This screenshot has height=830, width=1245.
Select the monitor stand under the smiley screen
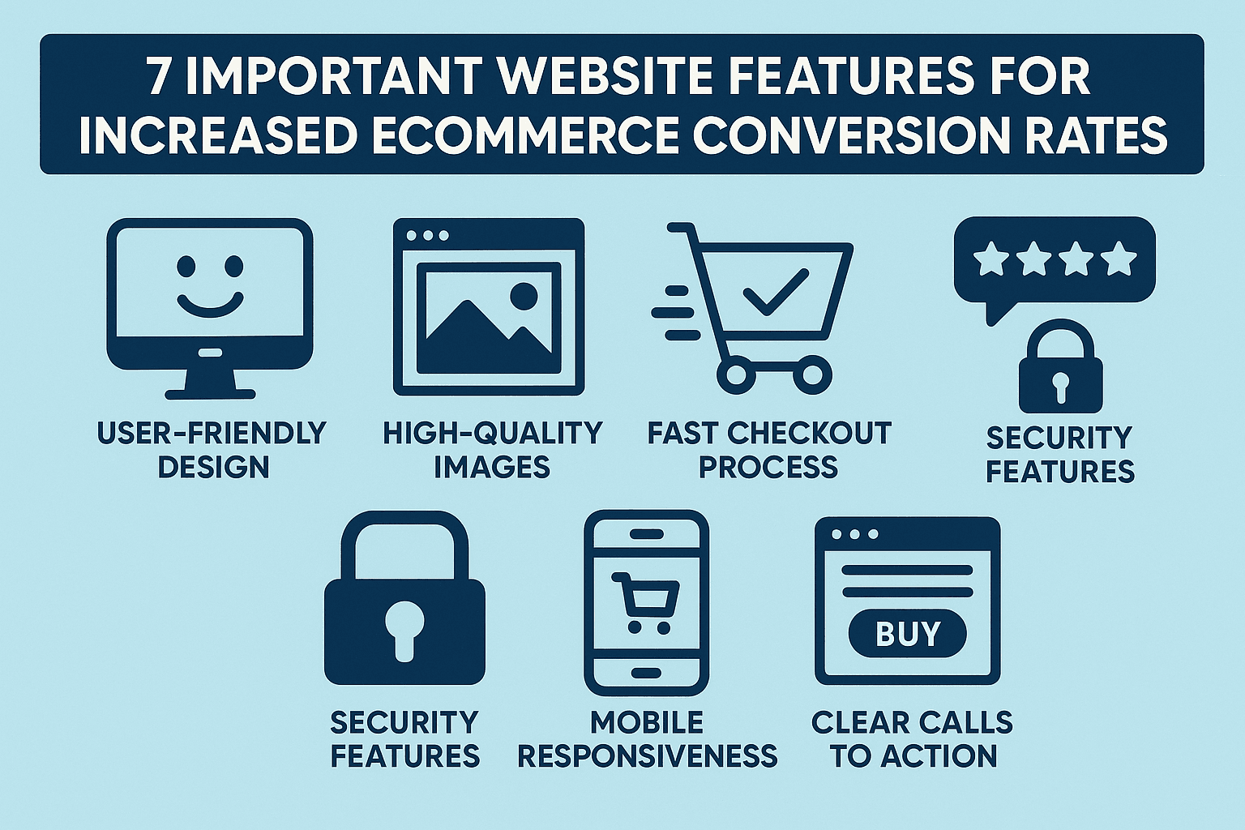point(210,381)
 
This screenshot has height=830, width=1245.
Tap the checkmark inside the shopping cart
point(775,292)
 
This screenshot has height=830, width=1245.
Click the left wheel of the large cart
point(736,374)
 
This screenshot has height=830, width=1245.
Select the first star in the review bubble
point(990,259)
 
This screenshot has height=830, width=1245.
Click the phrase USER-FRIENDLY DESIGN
point(212,450)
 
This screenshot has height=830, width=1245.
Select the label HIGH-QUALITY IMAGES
point(492,450)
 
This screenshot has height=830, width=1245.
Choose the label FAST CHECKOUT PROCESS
point(768,450)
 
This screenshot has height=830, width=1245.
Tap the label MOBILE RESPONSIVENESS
point(647,738)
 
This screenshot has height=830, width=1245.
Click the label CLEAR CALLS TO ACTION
point(912,738)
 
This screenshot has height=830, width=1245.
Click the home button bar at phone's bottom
point(646,673)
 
